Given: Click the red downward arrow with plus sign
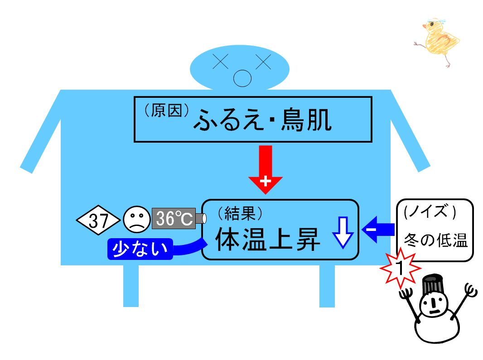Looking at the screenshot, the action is (x=265, y=169).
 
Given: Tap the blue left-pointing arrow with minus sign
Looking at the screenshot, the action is (x=378, y=230).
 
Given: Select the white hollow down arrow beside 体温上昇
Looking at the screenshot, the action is (x=343, y=232).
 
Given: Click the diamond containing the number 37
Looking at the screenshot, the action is (x=98, y=220).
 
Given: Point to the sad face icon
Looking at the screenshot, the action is (x=136, y=219).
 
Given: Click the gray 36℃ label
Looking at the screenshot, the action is (x=174, y=218).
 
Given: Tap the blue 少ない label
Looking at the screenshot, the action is (x=140, y=249).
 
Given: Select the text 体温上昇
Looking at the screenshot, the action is (x=267, y=239).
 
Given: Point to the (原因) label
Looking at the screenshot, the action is (x=167, y=110).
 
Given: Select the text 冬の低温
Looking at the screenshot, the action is (x=436, y=240).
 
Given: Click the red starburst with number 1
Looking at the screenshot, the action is (x=400, y=268).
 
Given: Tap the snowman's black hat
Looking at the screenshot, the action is (x=433, y=284).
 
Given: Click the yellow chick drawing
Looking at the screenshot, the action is (x=437, y=42).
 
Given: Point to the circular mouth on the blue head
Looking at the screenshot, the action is (x=242, y=78).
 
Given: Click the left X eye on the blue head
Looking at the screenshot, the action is (x=221, y=61).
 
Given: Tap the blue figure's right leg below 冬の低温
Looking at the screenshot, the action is (x=327, y=286).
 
